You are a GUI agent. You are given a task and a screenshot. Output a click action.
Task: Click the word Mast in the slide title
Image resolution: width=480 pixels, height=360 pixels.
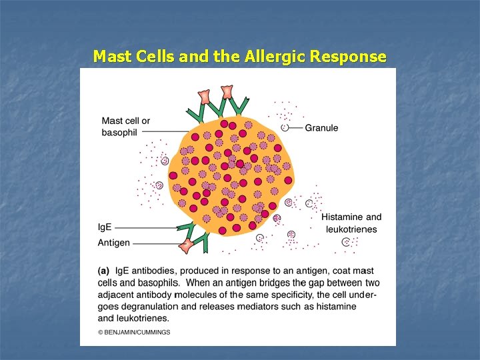click(x=112, y=57)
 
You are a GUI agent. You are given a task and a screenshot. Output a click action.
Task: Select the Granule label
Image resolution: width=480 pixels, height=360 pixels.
click(x=321, y=128)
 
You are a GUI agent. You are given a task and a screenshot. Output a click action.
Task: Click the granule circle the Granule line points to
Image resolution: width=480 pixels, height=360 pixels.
click(x=285, y=127)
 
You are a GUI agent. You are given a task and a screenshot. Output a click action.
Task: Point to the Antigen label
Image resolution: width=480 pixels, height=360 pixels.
click(x=114, y=243)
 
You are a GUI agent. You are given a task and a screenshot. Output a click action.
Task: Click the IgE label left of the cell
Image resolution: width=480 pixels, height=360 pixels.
click(x=105, y=227)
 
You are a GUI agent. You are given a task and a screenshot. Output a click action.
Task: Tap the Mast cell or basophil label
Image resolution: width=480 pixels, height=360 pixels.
click(x=126, y=127)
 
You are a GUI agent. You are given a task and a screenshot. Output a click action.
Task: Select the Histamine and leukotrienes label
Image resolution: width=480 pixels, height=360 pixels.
click(x=351, y=223)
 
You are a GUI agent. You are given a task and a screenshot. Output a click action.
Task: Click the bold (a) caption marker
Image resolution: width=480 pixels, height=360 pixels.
click(x=104, y=271)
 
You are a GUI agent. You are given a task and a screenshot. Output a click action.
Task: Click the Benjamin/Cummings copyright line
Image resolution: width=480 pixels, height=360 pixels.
click(x=134, y=332)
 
